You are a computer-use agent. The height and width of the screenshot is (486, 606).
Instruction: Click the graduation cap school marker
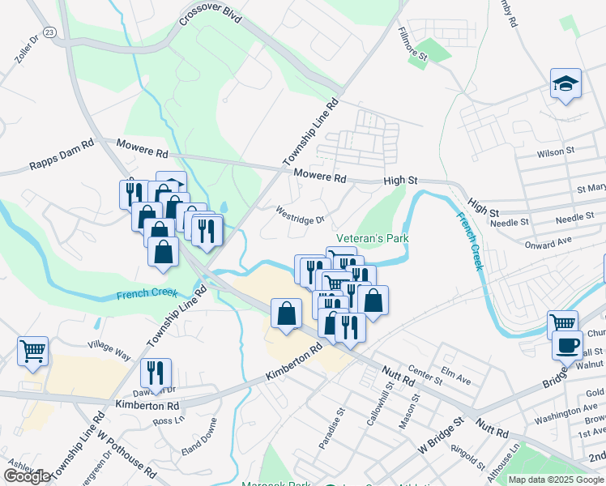point(565,83)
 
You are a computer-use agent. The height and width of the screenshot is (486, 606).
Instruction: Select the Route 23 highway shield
point(50,32)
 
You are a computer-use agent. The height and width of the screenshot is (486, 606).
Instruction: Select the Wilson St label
point(556,151)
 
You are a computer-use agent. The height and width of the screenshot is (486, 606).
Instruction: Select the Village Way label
point(109,350)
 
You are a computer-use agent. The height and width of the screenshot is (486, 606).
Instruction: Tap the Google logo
point(27,475)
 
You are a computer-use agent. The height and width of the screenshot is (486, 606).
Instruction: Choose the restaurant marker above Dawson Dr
point(156,373)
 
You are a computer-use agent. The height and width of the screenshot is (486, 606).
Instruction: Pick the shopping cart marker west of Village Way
point(32,352)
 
